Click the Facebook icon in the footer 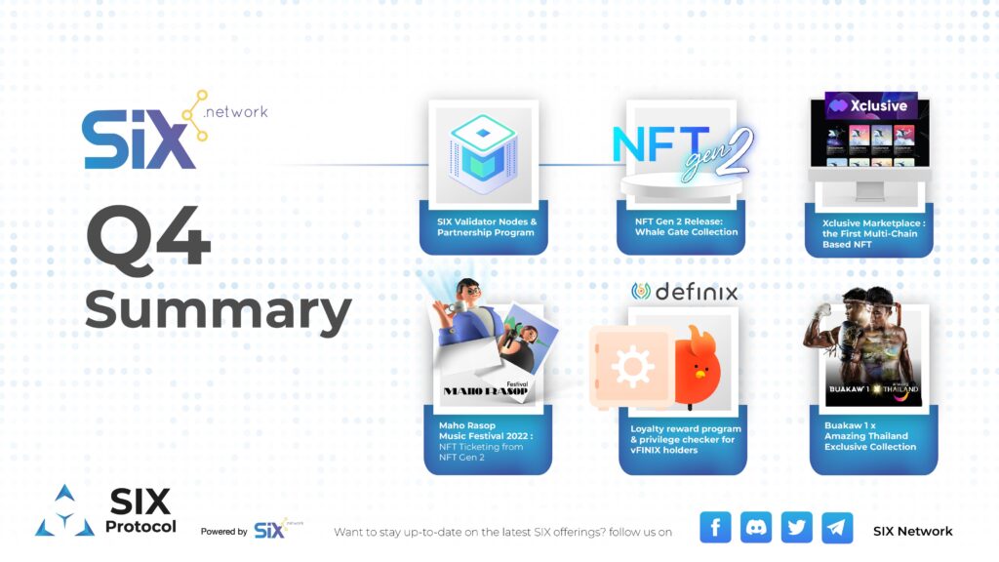coord(715,528)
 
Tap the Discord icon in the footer coord(756,528)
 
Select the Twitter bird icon coord(797,528)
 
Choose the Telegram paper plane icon coord(837,528)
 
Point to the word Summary coord(218,310)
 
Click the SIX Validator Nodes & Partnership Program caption coord(486,227)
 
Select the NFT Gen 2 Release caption coord(679,226)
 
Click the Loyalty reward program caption coord(685,438)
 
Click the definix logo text coord(684,292)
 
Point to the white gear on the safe coord(632,369)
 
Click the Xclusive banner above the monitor coord(870,106)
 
